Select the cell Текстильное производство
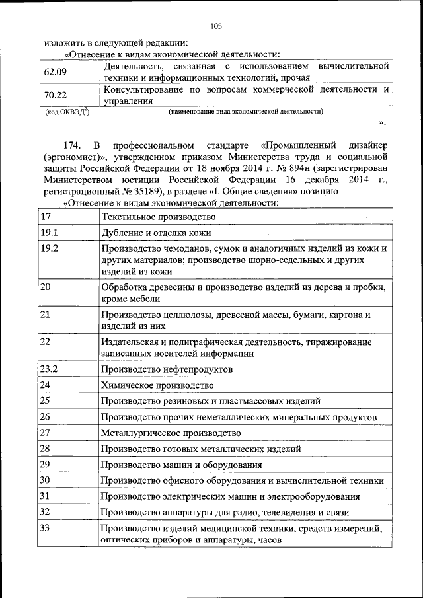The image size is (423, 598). coord(159,217)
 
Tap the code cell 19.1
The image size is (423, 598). coord(50,233)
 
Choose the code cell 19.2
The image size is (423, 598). coord(50,248)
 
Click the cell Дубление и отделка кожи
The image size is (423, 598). coord(156,233)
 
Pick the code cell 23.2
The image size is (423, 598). coord(50,369)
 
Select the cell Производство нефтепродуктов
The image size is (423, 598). coord(166,369)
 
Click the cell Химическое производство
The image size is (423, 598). coord(157,385)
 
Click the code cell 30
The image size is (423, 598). coord(46,480)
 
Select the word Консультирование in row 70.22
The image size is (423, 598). coord(139,89)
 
